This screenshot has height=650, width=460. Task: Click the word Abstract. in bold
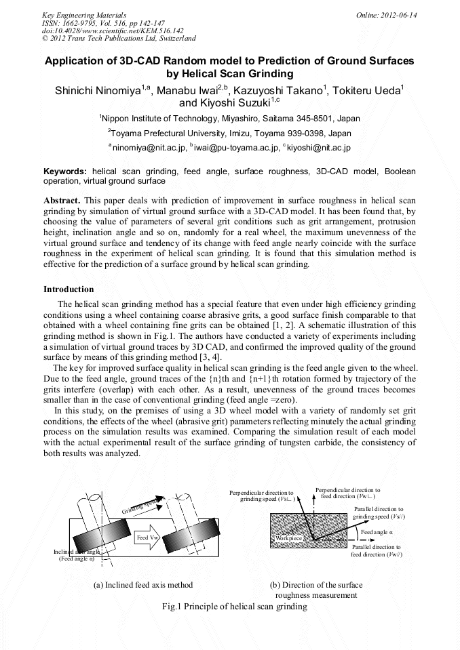63,201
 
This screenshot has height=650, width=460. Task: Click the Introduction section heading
69,289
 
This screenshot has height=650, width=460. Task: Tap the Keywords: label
65,172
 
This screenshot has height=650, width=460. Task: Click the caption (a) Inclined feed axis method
143,585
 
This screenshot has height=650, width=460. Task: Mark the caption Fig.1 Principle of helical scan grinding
230,607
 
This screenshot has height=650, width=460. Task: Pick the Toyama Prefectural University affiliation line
229,133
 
